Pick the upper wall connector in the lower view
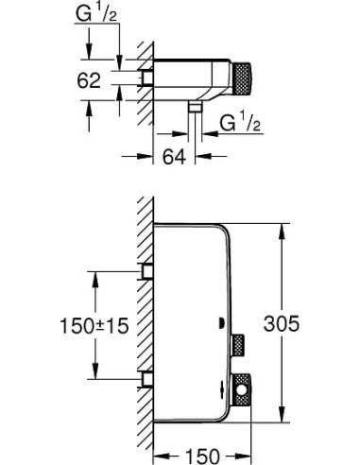pyautogui.click(x=146, y=272)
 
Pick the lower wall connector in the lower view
pyautogui.click(x=146, y=379)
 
